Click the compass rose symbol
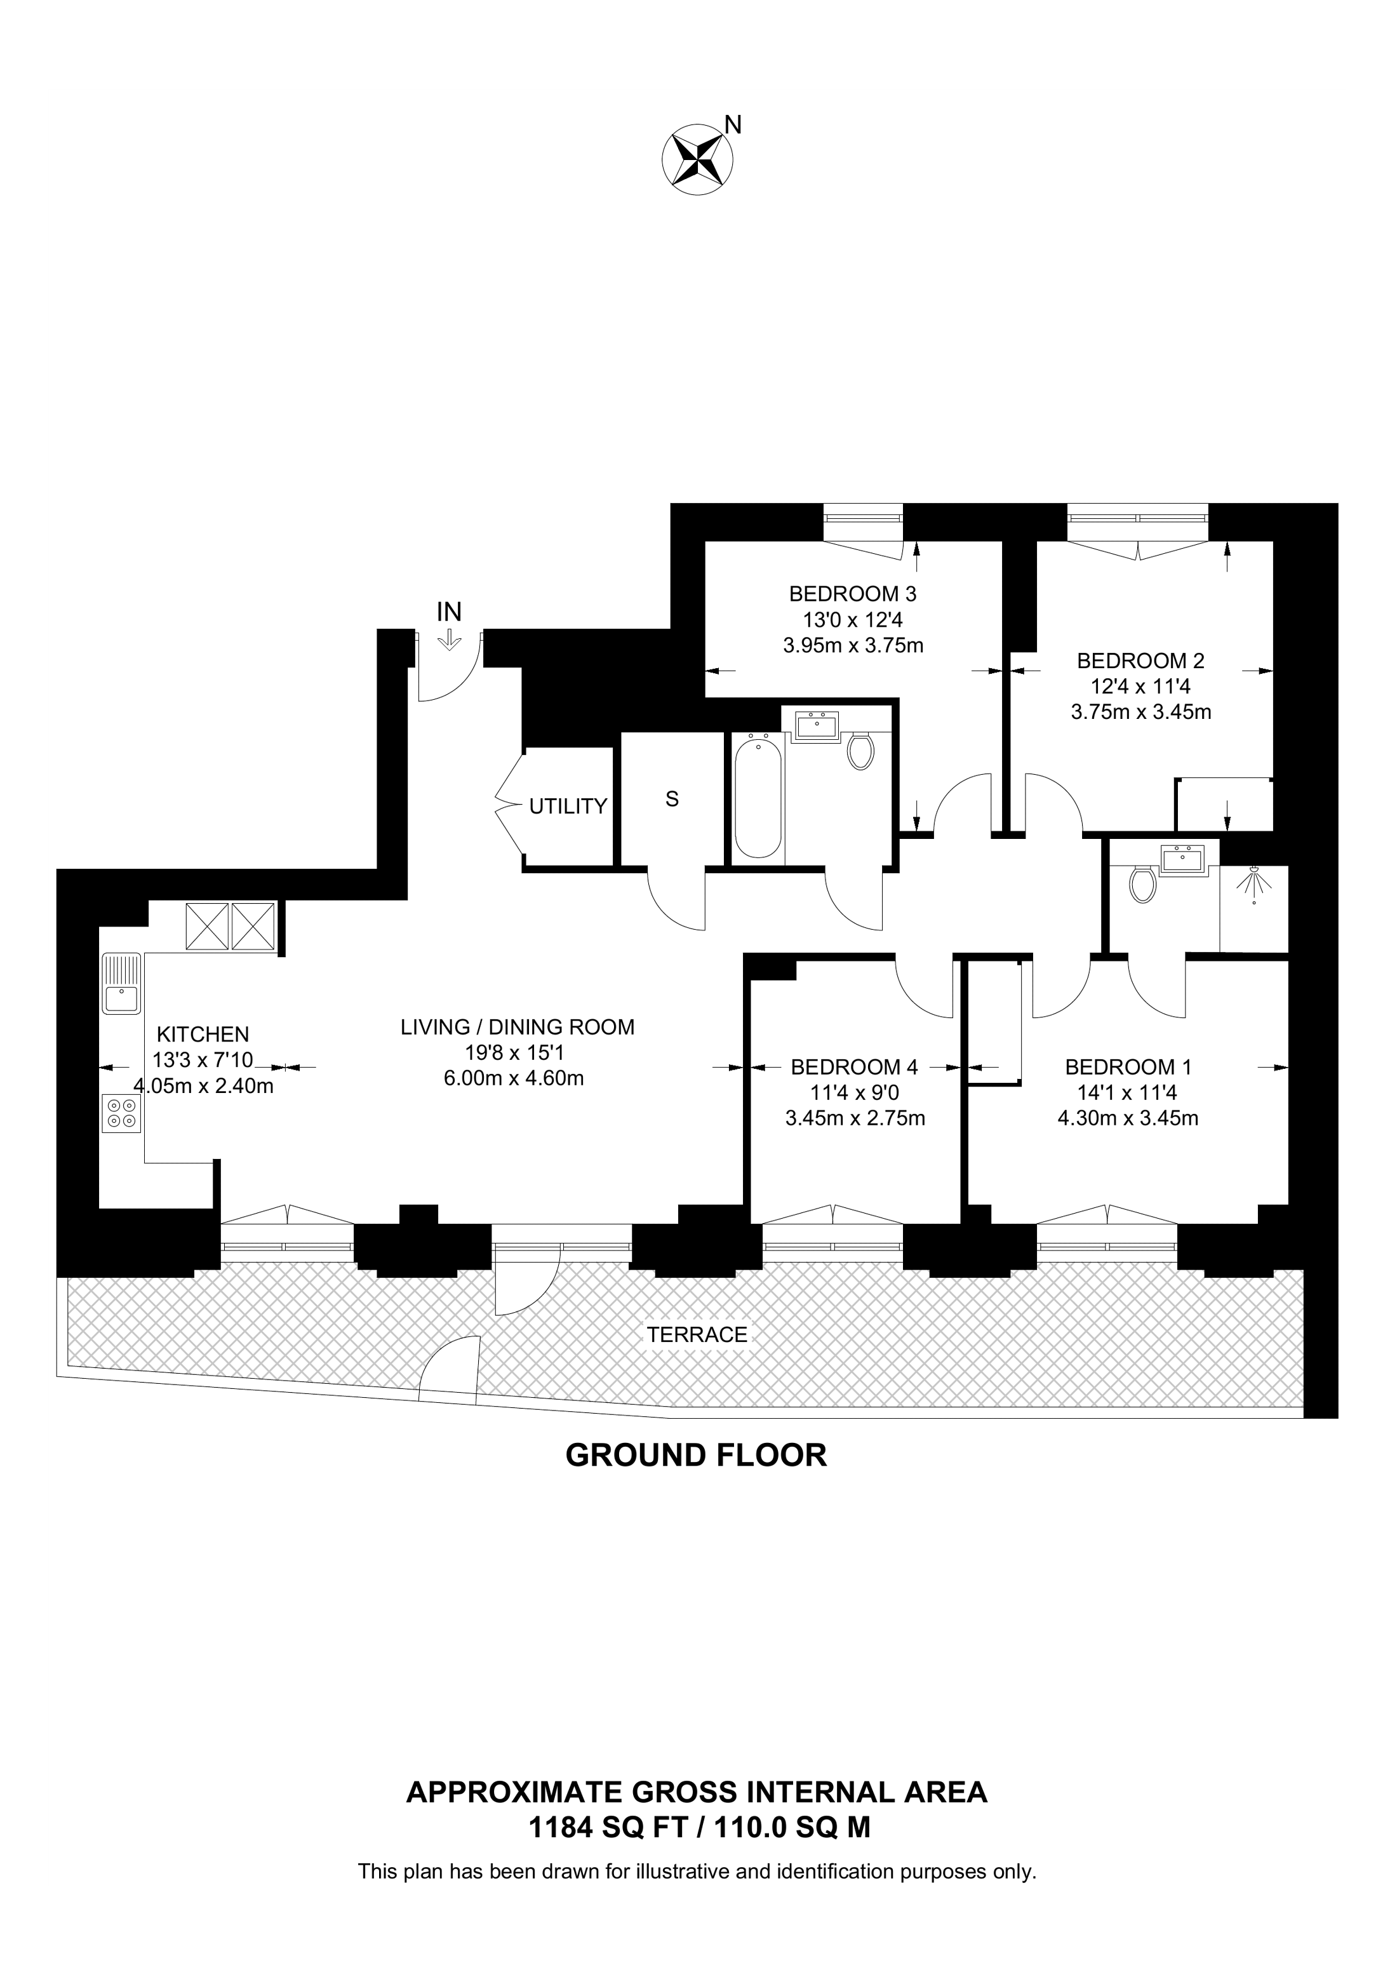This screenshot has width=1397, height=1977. tap(697, 159)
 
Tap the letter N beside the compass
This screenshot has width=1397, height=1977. tap(733, 126)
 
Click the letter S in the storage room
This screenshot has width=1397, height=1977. tap(672, 799)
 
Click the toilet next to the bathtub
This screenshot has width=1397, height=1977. tap(860, 750)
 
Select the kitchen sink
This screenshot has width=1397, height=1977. tap(121, 984)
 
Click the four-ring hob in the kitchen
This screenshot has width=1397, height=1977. tap(121, 1113)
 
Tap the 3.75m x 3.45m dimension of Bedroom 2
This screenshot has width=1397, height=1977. tap(1140, 712)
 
